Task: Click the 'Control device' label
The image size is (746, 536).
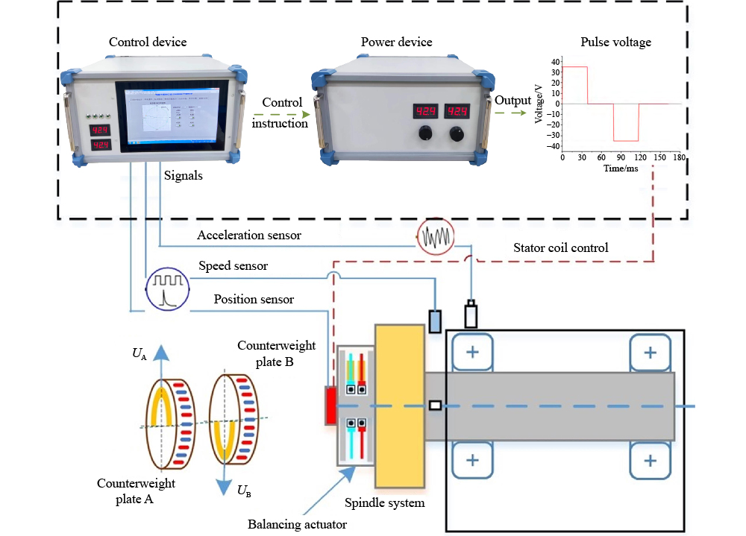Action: (x=148, y=42)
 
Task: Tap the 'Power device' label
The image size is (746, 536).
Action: (x=396, y=42)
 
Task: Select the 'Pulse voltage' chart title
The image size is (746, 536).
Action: (x=615, y=42)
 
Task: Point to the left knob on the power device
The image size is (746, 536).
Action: (x=426, y=134)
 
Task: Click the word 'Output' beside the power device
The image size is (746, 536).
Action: (x=513, y=99)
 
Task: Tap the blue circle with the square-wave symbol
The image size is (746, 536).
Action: (x=166, y=288)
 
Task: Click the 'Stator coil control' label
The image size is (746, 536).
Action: (x=561, y=247)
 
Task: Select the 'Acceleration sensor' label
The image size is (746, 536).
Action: (x=249, y=236)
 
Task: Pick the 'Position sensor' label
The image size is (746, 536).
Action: (x=254, y=300)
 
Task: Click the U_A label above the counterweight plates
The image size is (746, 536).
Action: (x=140, y=353)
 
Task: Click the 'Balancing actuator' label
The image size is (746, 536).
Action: (x=297, y=524)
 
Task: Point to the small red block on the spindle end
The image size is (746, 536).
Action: (x=330, y=406)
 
